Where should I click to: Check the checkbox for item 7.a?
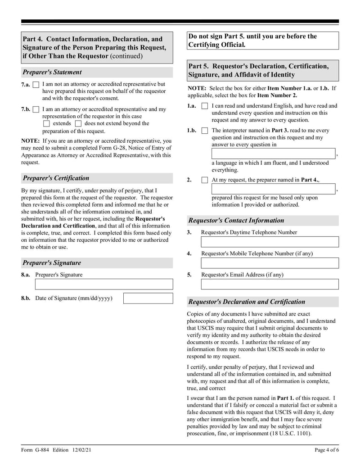36,85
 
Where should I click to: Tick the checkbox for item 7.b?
36,109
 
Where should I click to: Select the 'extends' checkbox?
46,123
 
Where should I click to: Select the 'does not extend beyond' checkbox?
78,123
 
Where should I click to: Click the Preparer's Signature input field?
104,284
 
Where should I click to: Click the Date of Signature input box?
148,298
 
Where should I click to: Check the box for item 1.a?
205,106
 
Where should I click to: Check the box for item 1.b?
205,131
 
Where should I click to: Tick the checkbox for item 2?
205,180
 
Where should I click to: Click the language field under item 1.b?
273,154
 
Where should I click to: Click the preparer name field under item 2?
273,189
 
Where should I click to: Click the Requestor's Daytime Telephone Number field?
270,242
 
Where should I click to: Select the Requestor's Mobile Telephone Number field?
270,263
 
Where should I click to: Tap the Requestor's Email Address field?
270,284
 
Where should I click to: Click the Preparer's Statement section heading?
52,72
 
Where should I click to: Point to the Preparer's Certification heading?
56,178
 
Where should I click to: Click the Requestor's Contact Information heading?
236,221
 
